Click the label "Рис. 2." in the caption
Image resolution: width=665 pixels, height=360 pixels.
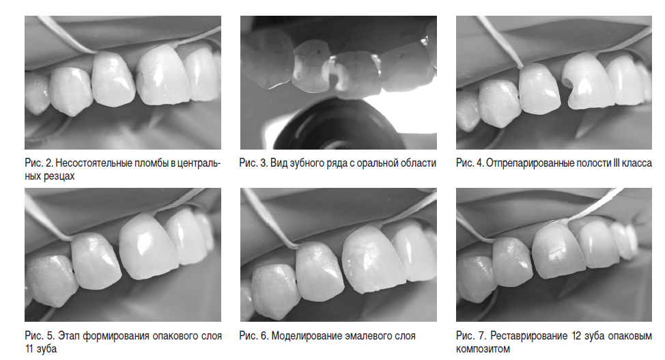pos(39,163)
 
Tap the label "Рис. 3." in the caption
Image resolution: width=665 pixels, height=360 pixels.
pos(253,163)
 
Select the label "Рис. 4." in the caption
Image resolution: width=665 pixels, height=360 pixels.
pos(470,163)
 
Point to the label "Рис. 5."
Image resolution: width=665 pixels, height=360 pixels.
pos(40,336)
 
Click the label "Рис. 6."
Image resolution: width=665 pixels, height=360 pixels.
pos(253,336)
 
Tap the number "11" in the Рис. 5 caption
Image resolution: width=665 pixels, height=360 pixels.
pos(29,349)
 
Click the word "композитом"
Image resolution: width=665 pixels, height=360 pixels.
pos(483,349)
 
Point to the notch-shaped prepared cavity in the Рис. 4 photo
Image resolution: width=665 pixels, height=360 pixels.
pos(567,86)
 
